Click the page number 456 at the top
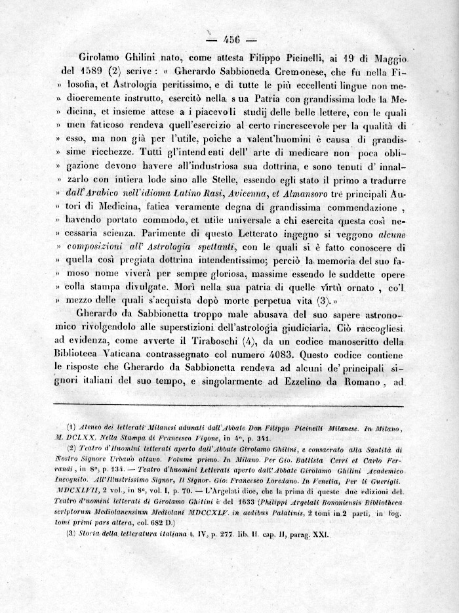coord(233,37)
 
